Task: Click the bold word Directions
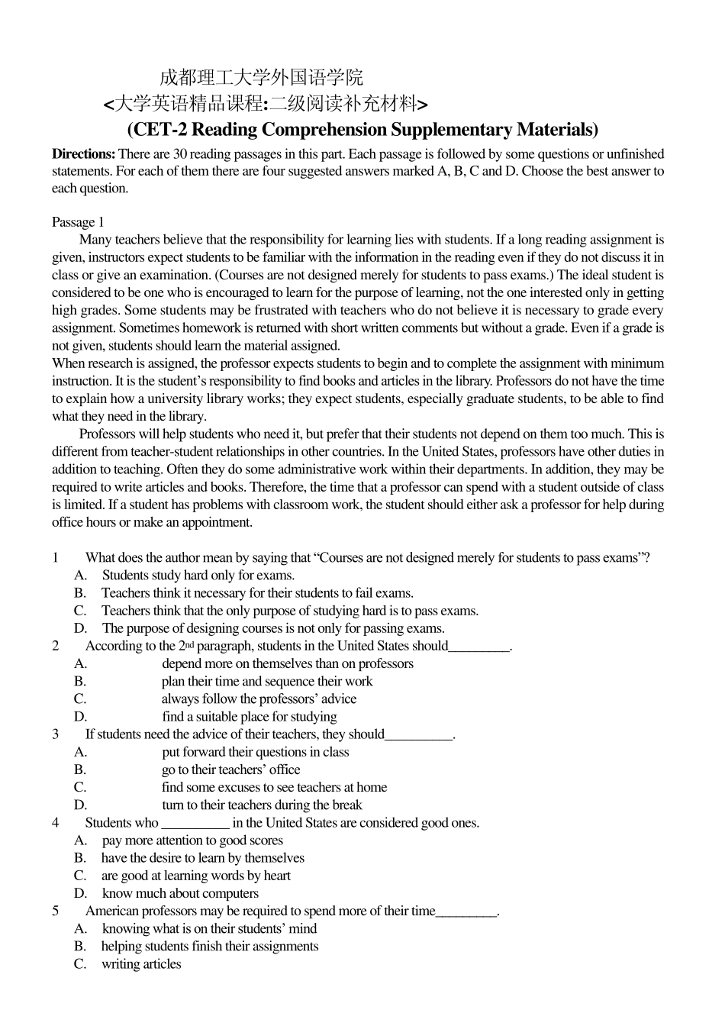coord(83,154)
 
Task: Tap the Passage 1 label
coord(78,222)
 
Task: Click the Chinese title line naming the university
coord(261,77)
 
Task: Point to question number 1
coord(56,558)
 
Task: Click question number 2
coord(56,646)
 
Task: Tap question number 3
coord(56,734)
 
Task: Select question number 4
coord(56,823)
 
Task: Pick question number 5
coord(56,911)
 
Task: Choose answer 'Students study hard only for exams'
coord(198,576)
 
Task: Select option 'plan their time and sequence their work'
coord(267,682)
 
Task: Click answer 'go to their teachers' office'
coord(230,769)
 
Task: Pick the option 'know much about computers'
coord(180,893)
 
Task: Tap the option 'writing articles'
coord(141,964)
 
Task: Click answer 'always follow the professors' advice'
coord(259,699)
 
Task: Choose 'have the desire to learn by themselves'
coord(203,858)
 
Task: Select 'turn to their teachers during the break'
coord(262,805)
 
